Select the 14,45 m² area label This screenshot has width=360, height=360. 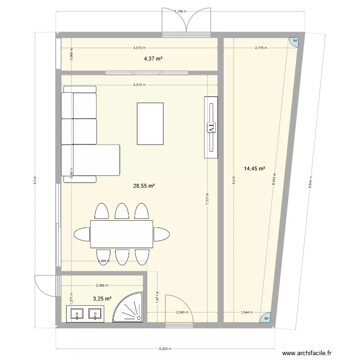pos(254,168)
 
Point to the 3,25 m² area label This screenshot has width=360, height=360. pos(102,298)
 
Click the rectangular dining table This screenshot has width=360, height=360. pos(122,234)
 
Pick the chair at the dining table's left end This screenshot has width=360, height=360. pos(82,234)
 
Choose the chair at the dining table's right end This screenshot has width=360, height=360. pos(161,234)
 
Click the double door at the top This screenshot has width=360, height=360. pos(186,22)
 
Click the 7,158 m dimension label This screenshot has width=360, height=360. pos(181,11)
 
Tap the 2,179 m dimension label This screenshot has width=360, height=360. pos(262,48)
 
